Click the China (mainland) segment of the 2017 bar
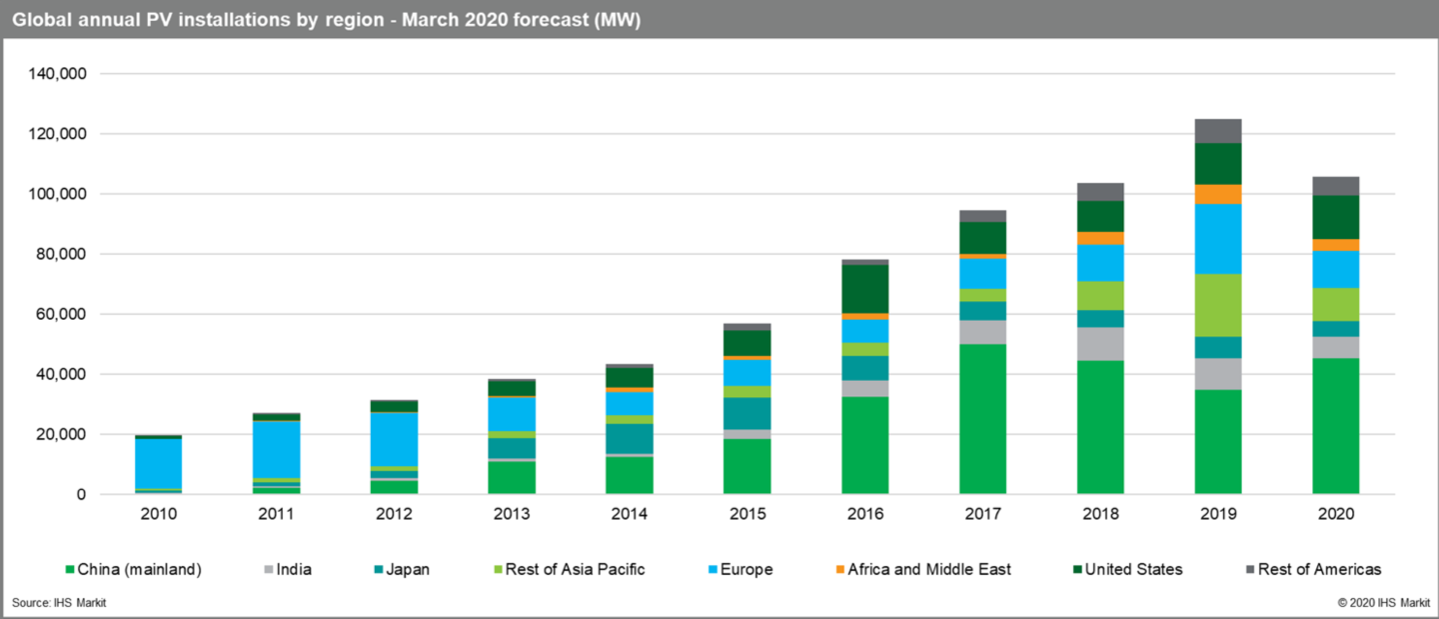point(982,419)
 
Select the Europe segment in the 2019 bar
point(1218,239)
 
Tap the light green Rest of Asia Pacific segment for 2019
point(1218,305)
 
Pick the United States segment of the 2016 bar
point(864,289)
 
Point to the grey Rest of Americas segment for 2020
point(1335,186)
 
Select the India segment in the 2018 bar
point(1100,344)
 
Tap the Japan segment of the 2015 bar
point(746,413)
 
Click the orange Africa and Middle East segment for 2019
point(1218,194)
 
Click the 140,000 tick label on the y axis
point(60,74)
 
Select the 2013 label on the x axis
point(512,514)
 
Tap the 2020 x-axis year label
point(1335,514)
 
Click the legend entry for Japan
point(401,569)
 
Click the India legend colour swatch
point(267,570)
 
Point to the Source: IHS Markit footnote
point(59,603)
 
